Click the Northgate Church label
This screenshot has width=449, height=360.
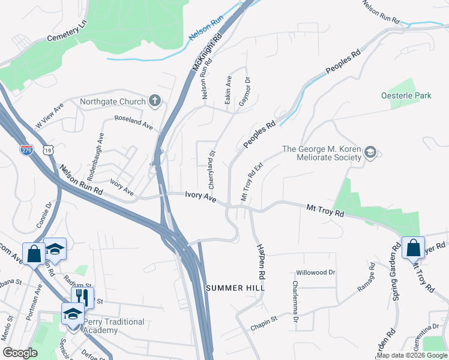coord(113,101)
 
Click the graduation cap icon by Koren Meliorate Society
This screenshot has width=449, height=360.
coord(370,153)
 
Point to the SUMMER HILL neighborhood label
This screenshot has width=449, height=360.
coord(235,288)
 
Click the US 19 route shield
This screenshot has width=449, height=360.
coord(46,150)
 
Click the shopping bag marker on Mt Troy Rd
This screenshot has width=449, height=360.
coord(414,247)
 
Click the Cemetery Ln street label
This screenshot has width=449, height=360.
coord(67,32)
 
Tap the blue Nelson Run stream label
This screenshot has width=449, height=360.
coord(206,28)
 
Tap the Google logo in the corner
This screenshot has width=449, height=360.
coord(20,353)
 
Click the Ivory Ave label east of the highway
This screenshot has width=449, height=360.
coord(200,196)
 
